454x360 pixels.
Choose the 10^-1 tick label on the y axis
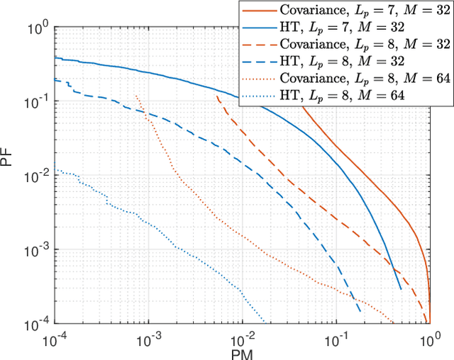[x=35, y=103]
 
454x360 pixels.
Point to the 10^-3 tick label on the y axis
[x=35, y=250]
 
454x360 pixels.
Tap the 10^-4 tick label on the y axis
[x=35, y=324]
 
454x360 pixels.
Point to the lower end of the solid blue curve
[x=401, y=289]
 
